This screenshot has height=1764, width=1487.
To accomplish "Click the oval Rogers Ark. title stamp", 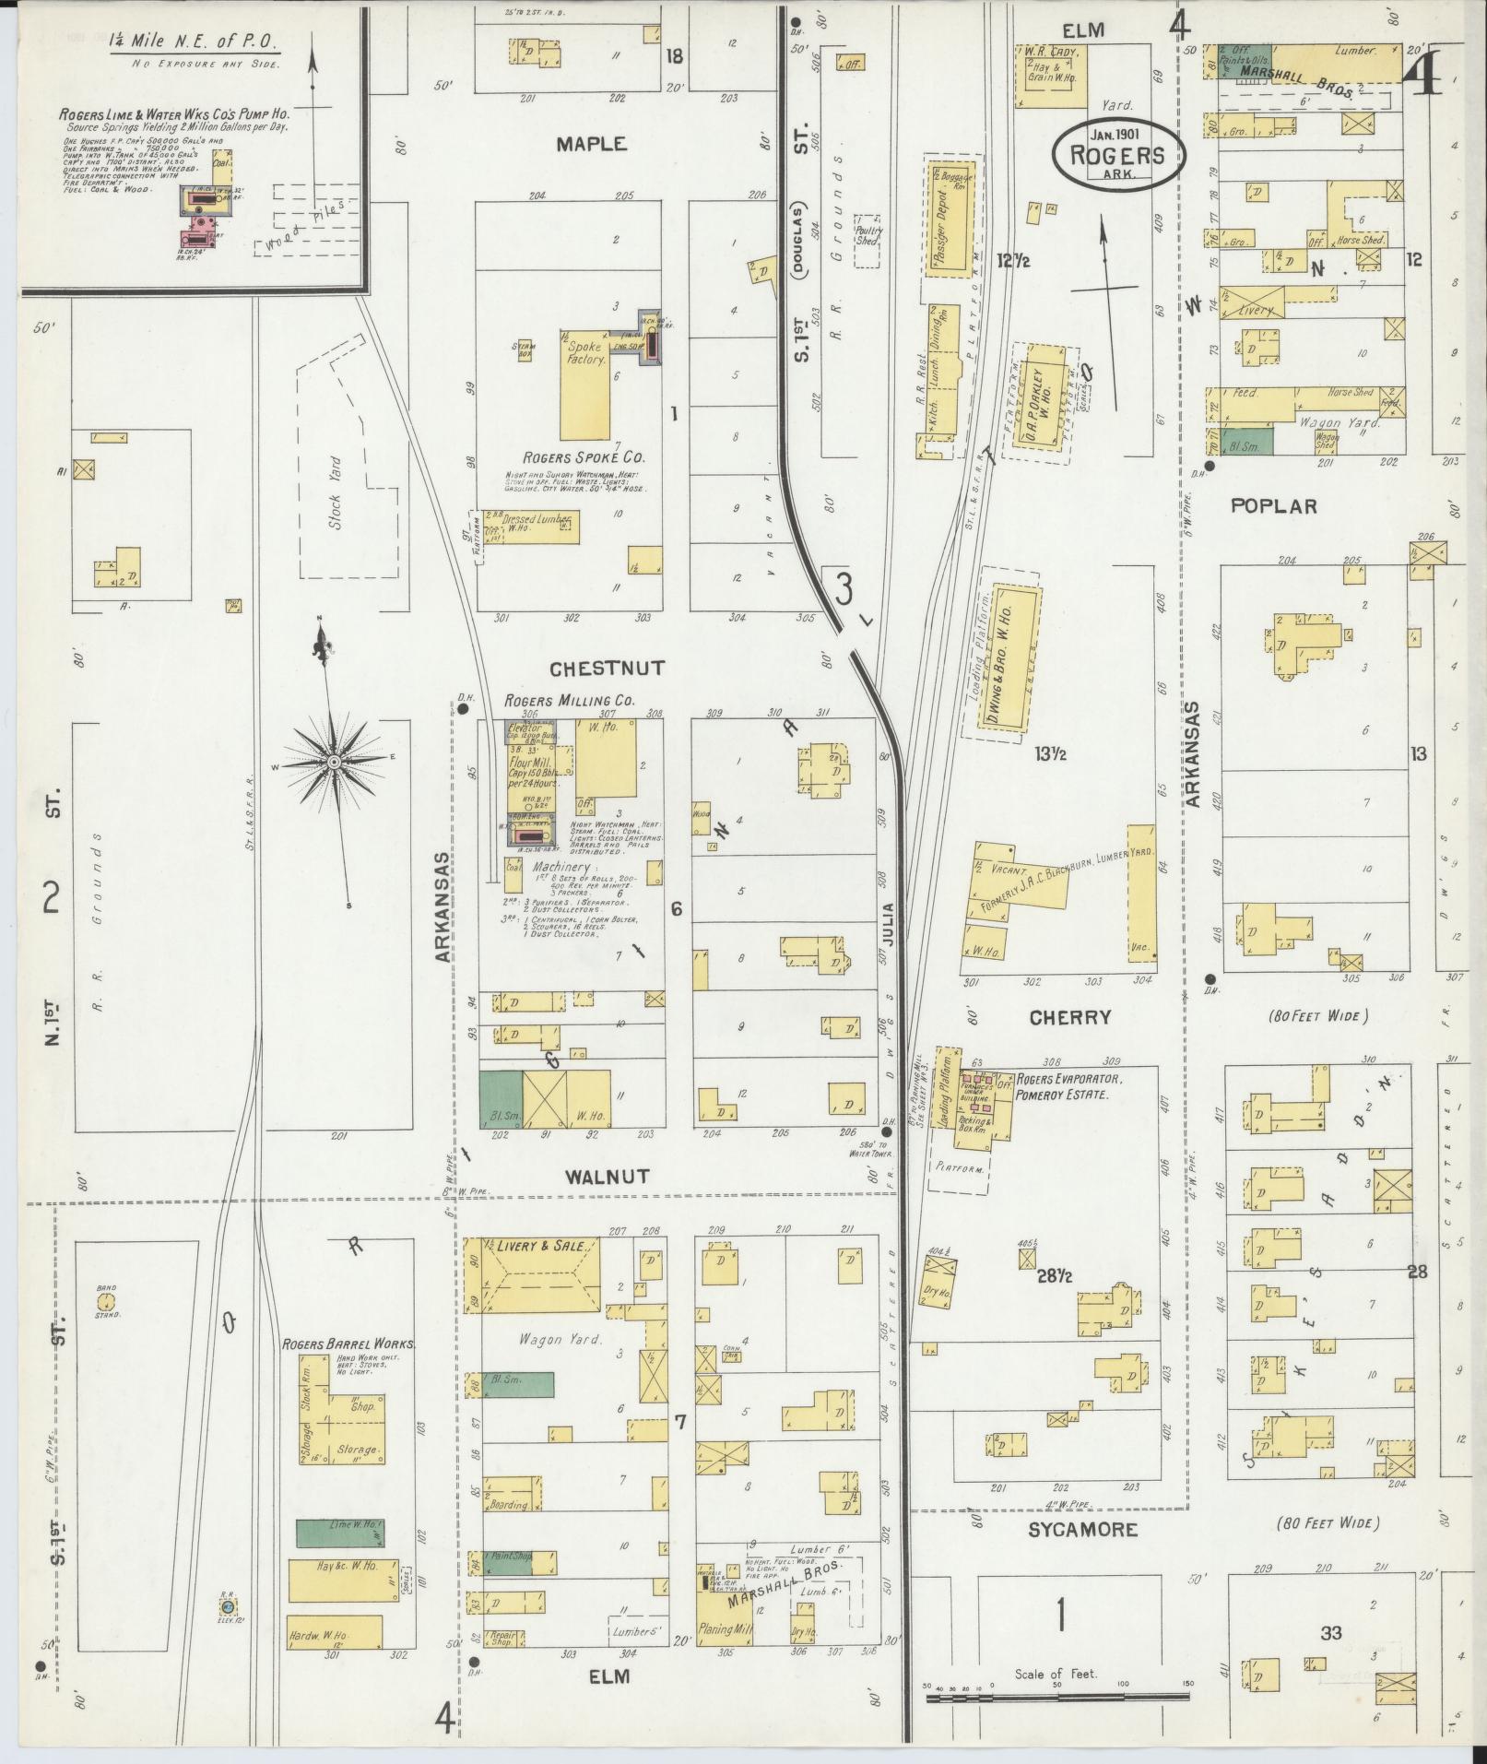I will pos(1116,155).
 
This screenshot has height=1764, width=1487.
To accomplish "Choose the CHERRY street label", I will pos(1070,1017).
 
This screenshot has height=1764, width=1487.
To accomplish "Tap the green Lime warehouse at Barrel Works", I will pos(340,1532).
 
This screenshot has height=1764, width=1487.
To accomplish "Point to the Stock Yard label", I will pos(335,480).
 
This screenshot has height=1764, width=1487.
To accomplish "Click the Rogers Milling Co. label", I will pos(569,701).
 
